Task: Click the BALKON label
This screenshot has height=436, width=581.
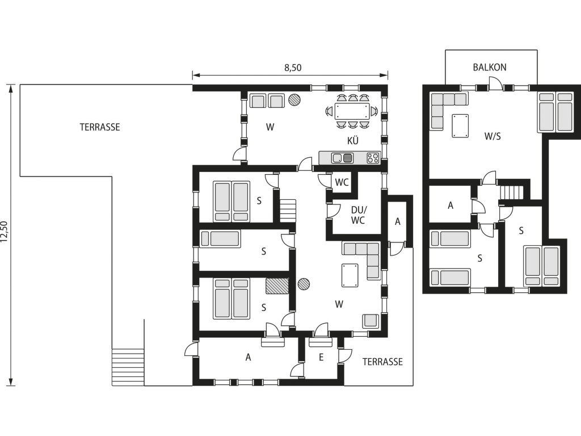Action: coord(490,67)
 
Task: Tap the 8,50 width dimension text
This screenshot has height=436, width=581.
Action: coord(293,68)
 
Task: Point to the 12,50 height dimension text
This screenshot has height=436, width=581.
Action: coord(4,232)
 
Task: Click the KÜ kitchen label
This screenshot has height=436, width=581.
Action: coord(353,141)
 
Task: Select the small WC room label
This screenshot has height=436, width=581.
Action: coord(342,182)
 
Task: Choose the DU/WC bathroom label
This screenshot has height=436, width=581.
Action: coord(357,215)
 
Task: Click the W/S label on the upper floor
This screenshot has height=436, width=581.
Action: coord(492,136)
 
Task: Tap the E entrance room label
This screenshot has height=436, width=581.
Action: coord(321,357)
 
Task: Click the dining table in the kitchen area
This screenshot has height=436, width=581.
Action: coord(352,111)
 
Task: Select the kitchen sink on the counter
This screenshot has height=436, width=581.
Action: coord(342,158)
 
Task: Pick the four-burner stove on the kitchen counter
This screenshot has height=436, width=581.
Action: coord(373,158)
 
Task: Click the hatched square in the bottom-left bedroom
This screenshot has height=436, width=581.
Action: coord(277,286)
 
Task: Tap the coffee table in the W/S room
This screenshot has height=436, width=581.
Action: coord(460,126)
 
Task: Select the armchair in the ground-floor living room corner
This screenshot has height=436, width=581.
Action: coord(371,321)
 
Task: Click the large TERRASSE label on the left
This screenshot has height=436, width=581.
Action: coord(100,127)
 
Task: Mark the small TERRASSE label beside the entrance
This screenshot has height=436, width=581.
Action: coord(382,362)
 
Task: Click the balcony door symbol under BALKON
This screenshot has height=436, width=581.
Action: coord(495,84)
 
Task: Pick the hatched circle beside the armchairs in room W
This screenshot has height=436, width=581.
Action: coord(294,99)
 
